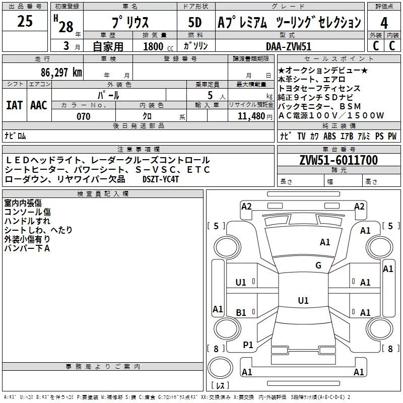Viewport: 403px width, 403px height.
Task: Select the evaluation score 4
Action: coord(384,23)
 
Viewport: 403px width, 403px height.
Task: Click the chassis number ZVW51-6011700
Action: coord(338,160)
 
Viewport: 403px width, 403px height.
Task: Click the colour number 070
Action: coord(83,116)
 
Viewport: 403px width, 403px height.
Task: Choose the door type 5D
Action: coord(194,22)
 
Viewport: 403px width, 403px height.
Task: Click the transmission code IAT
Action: coord(14,105)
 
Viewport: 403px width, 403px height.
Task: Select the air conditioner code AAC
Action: coord(38,105)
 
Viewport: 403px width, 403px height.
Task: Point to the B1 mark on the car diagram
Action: coord(241,313)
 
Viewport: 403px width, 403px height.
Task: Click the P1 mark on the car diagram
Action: coord(247,345)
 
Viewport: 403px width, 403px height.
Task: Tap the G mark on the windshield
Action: coord(318,265)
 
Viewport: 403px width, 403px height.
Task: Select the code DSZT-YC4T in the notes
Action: coord(161,179)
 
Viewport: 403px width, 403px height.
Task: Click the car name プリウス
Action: coord(129,23)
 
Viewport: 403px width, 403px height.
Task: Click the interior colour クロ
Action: coord(150,116)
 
